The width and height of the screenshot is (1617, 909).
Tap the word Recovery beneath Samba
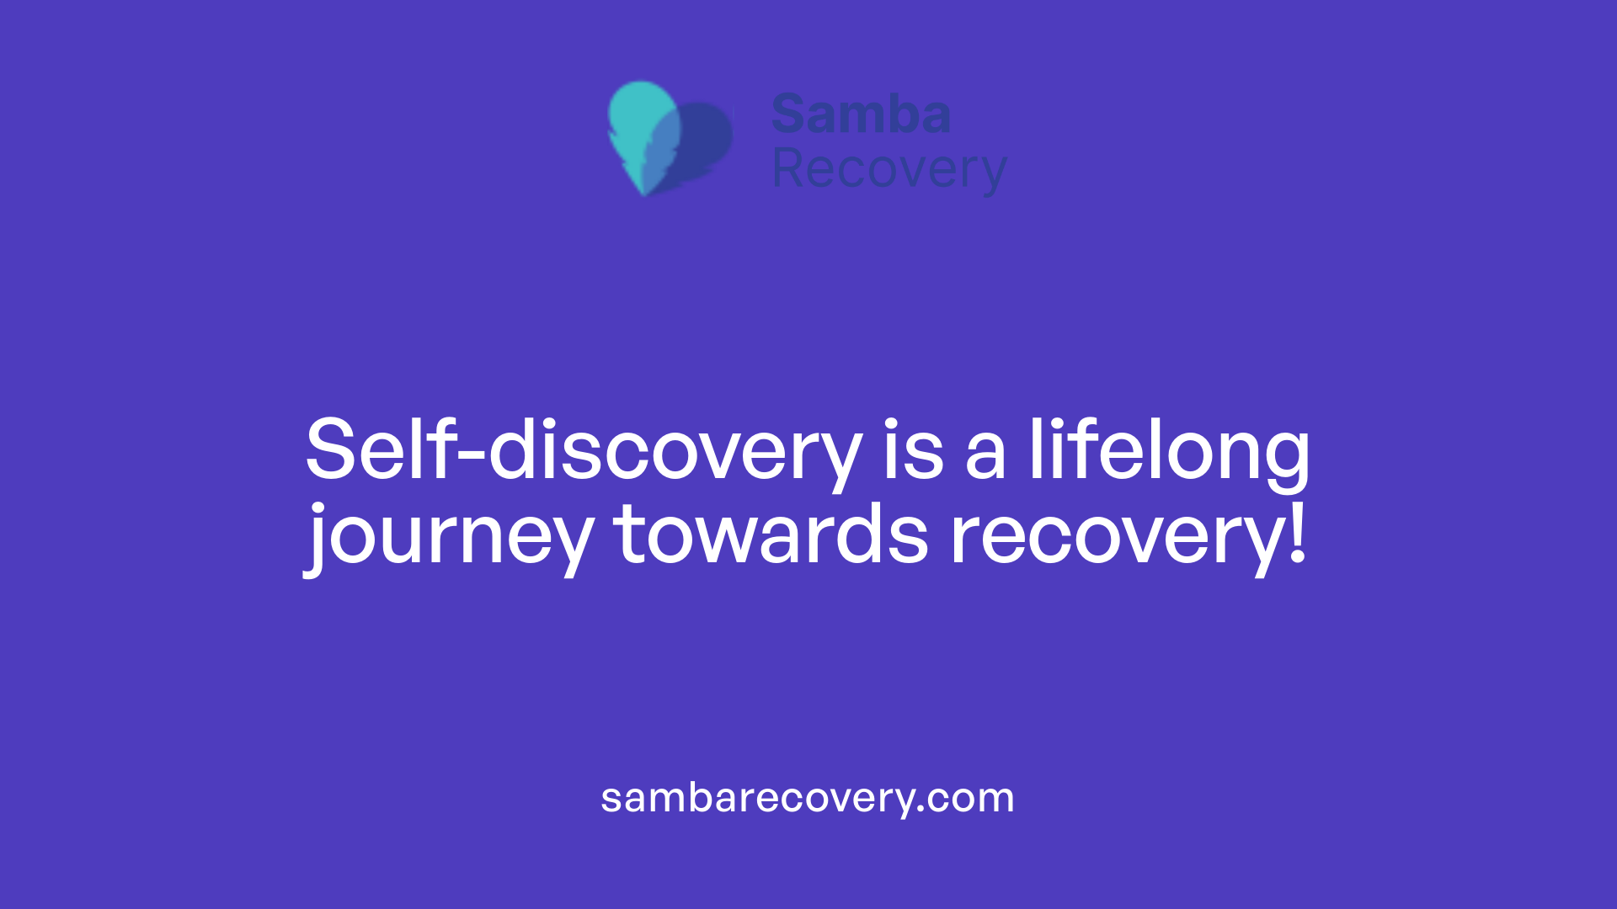tap(889, 170)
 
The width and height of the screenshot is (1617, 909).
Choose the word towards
tap(770, 535)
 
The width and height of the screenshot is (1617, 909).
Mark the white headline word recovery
tap(1115, 537)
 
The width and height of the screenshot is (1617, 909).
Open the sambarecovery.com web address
tap(807, 798)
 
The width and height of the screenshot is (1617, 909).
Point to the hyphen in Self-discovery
tap(473, 454)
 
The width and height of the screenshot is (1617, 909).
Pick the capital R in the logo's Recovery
tap(788, 168)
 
